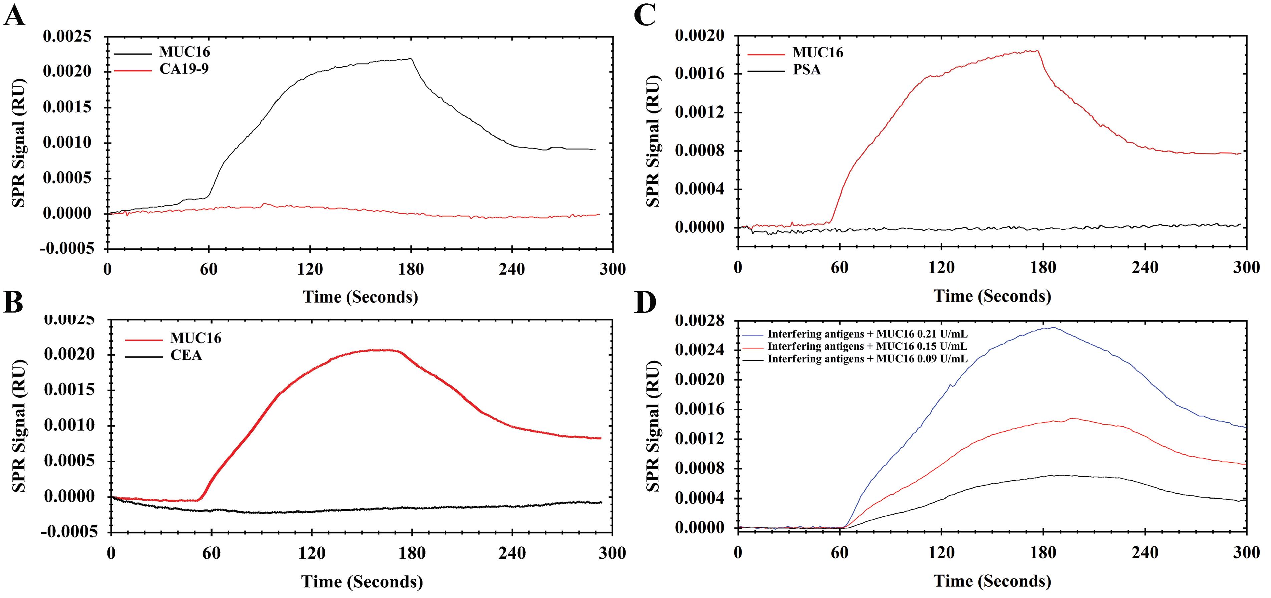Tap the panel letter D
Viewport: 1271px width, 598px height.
645,302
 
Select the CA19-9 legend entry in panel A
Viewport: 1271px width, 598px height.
183,69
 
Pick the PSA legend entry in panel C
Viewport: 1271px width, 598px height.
807,70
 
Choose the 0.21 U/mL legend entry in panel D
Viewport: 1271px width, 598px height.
867,334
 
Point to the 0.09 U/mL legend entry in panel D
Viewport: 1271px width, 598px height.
867,359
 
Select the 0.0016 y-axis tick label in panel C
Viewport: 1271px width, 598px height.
700,74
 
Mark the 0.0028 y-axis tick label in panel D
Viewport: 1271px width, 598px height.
700,321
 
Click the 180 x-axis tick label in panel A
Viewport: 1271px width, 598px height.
411,270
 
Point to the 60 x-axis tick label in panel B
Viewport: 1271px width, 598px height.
211,553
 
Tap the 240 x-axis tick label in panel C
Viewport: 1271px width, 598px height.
1145,268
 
